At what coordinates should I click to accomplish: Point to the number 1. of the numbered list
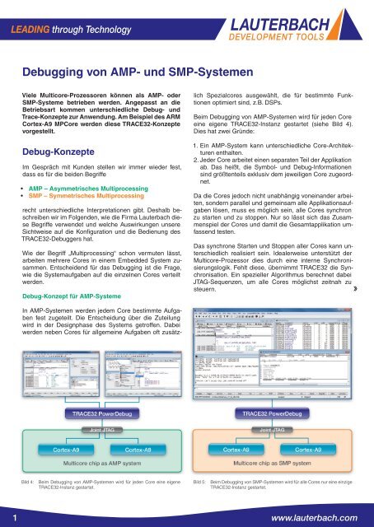pyautogui.click(x=195, y=123)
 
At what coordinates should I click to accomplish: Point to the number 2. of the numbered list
pyautogui.click(x=195, y=140)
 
